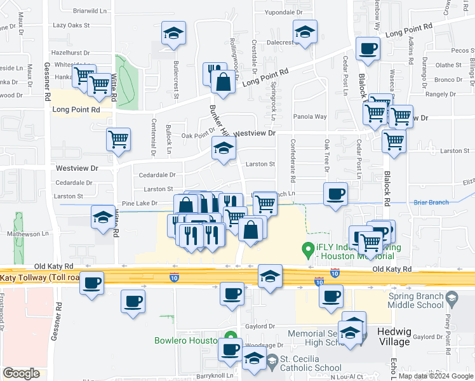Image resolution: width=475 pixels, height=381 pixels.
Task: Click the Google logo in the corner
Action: [21, 373]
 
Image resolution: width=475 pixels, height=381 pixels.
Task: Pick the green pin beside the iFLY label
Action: [309, 248]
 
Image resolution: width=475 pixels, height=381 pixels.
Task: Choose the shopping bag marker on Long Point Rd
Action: [223, 81]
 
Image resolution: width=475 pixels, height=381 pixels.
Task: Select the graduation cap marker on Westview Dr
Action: [223, 150]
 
